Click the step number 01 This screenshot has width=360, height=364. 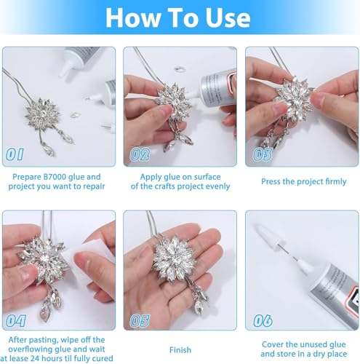pyautogui.click(x=15, y=154)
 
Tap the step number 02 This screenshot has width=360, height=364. pyautogui.click(x=140, y=154)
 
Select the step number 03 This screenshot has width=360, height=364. pyautogui.click(x=263, y=154)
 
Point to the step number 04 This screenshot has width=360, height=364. pyautogui.click(x=15, y=321)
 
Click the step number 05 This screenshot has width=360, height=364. pyautogui.click(x=140, y=321)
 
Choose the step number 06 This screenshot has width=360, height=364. pyautogui.click(x=263, y=321)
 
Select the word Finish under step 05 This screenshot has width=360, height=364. pyautogui.click(x=180, y=350)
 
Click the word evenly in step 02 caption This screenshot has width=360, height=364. pyautogui.click(x=217, y=186)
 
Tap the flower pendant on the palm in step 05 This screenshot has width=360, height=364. pyautogui.click(x=174, y=259)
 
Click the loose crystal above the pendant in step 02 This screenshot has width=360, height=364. pyautogui.click(x=180, y=69)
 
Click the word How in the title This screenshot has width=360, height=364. pyautogui.click(x=133, y=18)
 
